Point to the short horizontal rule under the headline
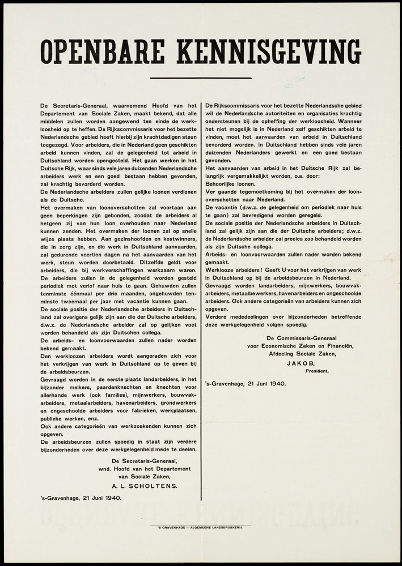(201, 78)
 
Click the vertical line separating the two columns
(201, 300)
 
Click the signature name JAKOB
(301, 363)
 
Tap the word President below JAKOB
(319, 371)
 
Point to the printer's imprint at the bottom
(201, 528)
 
